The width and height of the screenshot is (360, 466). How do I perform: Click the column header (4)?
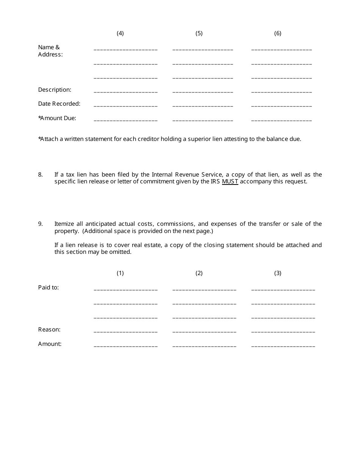[x=120, y=33]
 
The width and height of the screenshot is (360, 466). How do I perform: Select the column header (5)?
[x=199, y=33]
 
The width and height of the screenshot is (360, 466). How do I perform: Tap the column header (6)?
[x=278, y=33]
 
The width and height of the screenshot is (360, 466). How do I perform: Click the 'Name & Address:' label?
[x=50, y=51]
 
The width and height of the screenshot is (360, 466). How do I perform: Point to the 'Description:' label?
[x=55, y=90]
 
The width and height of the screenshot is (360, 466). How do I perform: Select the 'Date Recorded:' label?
[x=59, y=104]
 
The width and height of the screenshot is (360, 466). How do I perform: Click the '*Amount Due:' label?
[x=57, y=118]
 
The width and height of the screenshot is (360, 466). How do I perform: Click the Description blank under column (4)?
[x=125, y=92]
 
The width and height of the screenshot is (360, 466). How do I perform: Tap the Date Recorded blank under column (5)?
[x=203, y=106]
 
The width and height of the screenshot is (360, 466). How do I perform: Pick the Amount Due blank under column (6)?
[x=282, y=120]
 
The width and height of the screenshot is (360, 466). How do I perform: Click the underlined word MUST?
[x=230, y=181]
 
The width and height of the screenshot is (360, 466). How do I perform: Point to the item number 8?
[x=40, y=175]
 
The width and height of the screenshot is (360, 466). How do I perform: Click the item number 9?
[x=40, y=224]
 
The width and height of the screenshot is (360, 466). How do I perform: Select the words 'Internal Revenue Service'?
[x=187, y=175]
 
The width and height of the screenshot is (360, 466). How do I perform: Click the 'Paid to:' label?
[x=49, y=288]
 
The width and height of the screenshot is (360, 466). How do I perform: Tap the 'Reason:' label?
[x=49, y=330]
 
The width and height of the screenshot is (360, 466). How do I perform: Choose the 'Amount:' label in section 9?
[x=50, y=344]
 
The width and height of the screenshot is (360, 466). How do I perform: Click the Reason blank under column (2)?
[x=204, y=332]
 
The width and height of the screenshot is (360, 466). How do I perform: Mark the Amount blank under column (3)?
[x=283, y=346]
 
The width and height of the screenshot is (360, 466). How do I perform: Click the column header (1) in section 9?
[x=120, y=273]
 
